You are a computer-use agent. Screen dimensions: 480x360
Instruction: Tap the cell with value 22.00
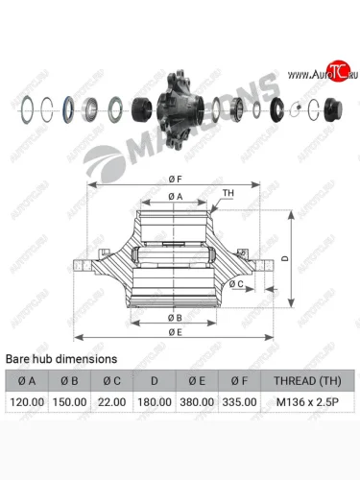(111, 403)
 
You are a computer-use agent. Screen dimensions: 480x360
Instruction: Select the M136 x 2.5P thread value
(308, 403)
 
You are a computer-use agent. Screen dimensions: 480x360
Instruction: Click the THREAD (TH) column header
(308, 380)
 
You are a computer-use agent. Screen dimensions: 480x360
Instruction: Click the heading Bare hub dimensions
(61, 358)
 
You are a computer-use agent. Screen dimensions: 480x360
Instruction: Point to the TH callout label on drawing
(228, 192)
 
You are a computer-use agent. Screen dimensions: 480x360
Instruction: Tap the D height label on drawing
(283, 259)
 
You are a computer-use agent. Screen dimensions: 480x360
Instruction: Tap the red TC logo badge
(337, 71)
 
